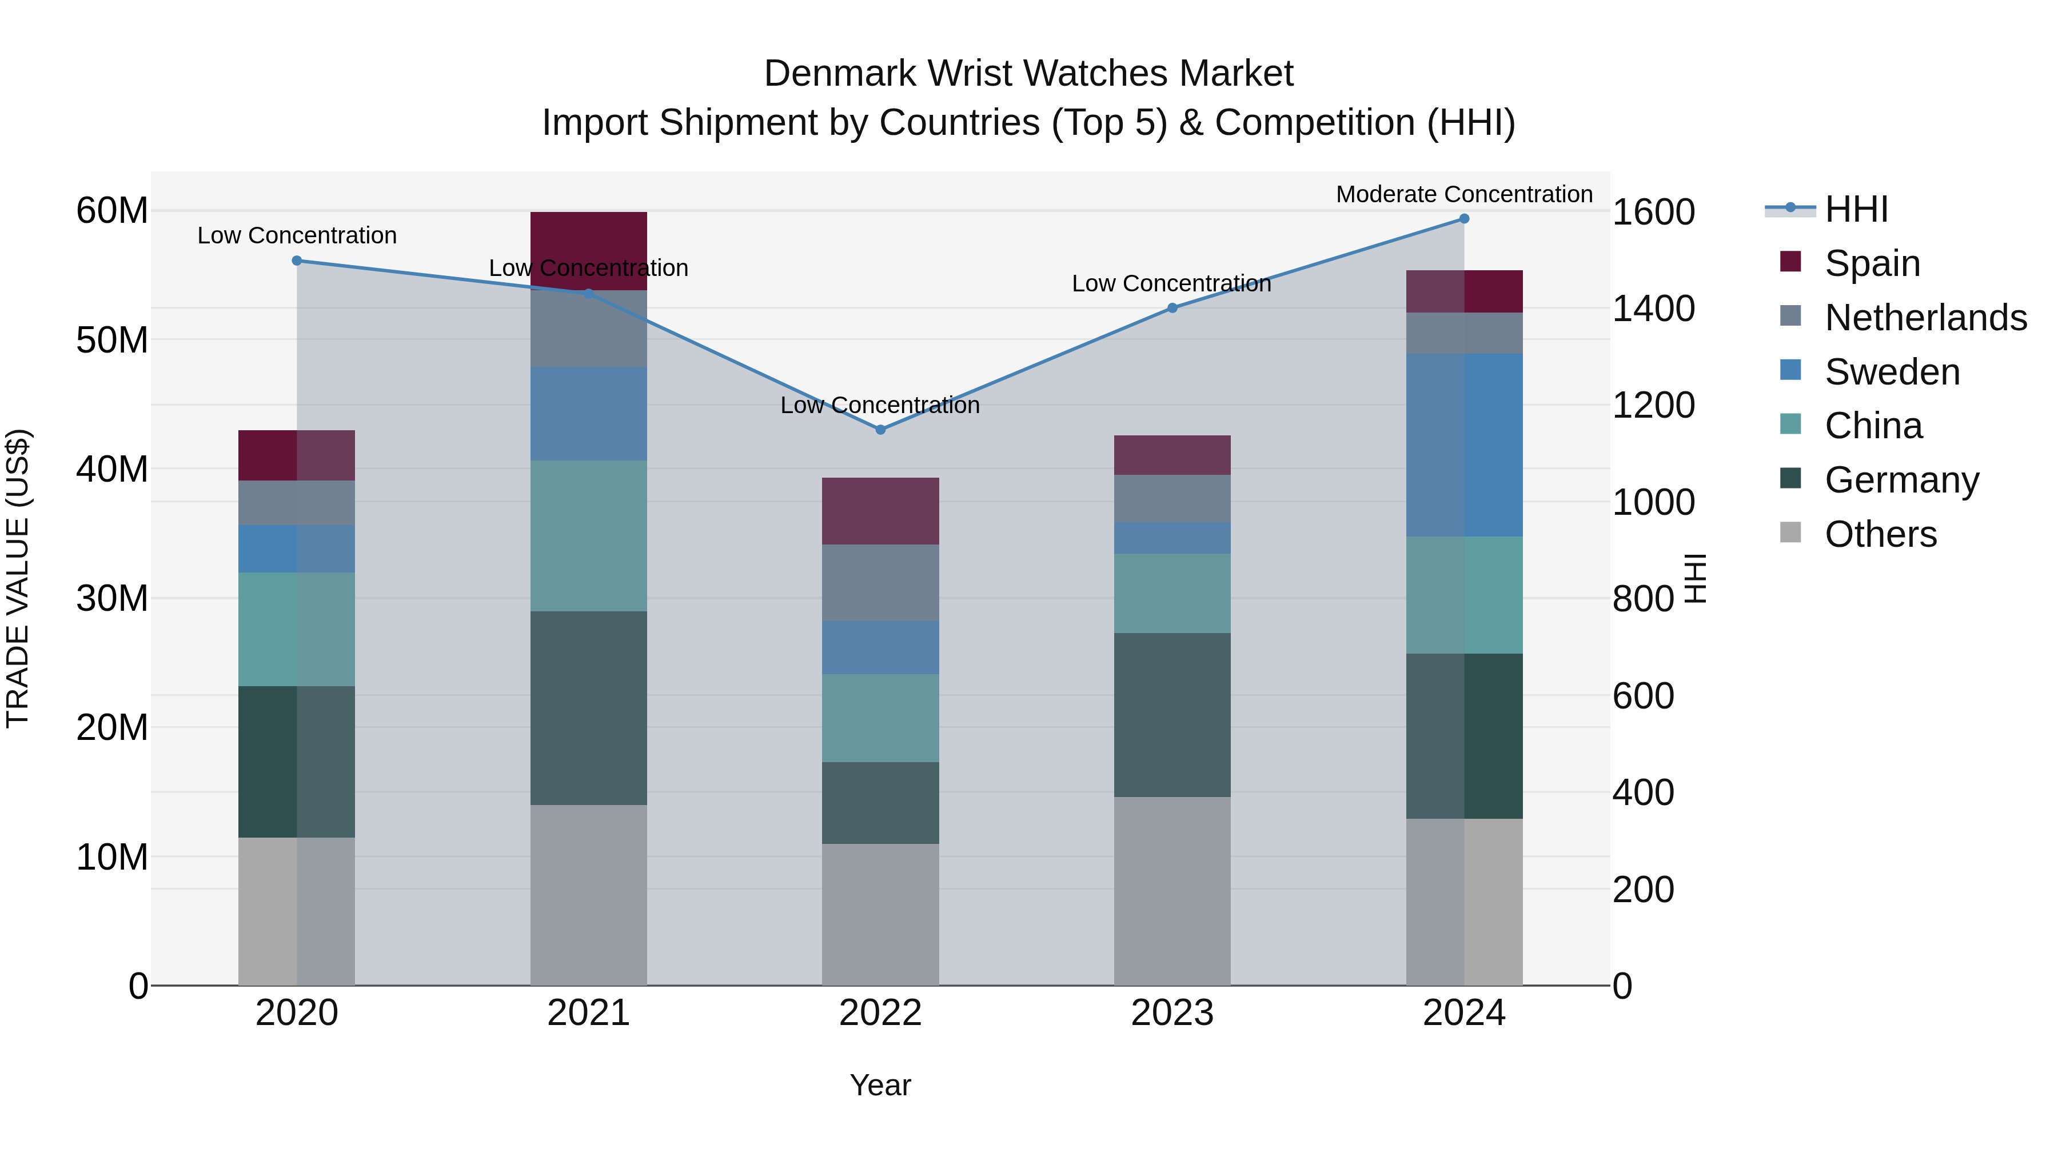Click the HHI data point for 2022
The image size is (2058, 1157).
[x=880, y=430]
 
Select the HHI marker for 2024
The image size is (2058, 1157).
[x=1463, y=218]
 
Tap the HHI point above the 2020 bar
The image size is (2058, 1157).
[x=296, y=261]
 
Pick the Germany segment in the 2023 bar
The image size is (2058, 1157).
[x=1172, y=715]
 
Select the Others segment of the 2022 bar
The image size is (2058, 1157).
[x=880, y=914]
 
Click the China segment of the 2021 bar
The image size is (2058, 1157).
[x=588, y=536]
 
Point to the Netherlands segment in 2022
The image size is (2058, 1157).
[x=880, y=583]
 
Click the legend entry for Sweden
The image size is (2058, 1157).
[x=1892, y=372]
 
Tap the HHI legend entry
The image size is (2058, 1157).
[x=1856, y=209]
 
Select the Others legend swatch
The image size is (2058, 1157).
[x=1791, y=533]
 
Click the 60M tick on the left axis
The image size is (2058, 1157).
[x=112, y=211]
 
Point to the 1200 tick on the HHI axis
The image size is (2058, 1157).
[x=1653, y=406]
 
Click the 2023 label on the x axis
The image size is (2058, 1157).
[x=1172, y=1013]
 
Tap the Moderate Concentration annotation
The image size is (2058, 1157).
[x=1463, y=194]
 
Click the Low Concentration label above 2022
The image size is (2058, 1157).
[x=880, y=405]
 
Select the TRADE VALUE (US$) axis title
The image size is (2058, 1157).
[x=18, y=578]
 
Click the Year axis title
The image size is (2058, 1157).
[x=880, y=1085]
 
